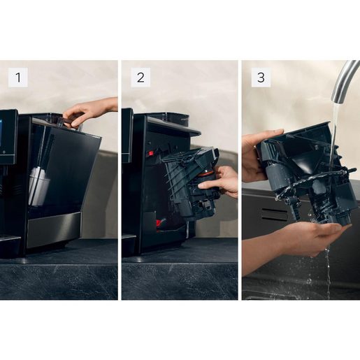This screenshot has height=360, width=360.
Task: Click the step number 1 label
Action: pos(17,77)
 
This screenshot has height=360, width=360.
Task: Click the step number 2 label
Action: pos(140,77)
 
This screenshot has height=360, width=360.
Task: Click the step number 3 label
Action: pos(261,77)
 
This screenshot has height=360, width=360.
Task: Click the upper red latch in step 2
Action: pos(150,152)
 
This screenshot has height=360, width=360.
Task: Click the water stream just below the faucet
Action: pos(335,115)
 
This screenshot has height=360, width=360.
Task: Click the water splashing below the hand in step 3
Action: pos(327,273)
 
